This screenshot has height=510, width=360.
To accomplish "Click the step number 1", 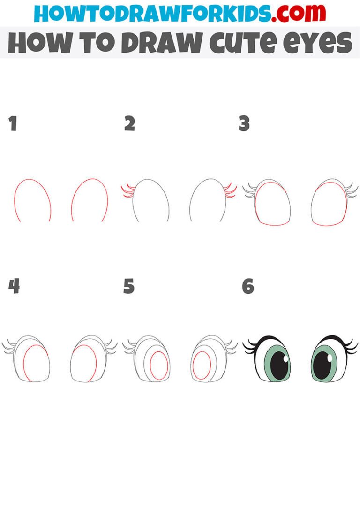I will [x=13, y=124].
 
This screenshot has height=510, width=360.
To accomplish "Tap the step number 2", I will [x=129, y=124].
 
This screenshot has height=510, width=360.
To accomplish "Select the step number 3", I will [x=244, y=124].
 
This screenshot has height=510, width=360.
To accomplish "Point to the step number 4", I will [x=14, y=286].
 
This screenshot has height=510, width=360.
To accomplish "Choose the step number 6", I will [x=248, y=286].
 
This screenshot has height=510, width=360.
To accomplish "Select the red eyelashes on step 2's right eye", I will [x=230, y=191].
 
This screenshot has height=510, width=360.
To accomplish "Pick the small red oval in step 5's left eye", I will [x=158, y=365].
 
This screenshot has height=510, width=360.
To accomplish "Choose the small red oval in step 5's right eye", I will [x=202, y=365].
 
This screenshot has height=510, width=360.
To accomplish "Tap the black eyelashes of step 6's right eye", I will [x=351, y=349].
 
